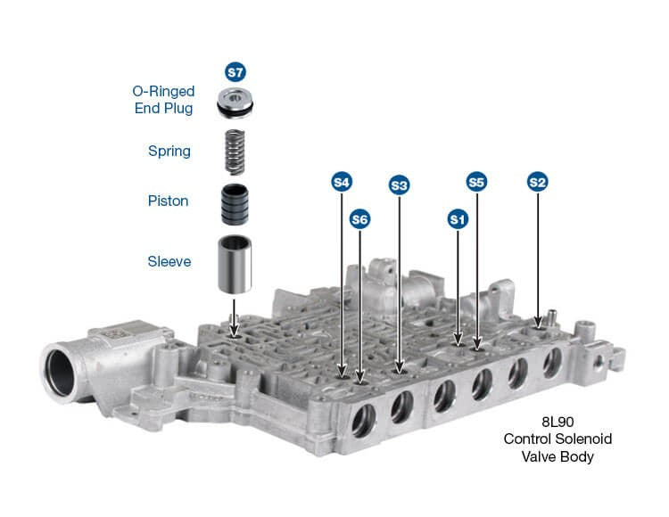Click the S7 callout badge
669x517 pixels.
click(x=235, y=72)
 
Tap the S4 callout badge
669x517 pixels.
click(x=342, y=183)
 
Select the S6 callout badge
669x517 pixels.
click(x=359, y=219)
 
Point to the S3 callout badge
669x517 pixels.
click(x=399, y=185)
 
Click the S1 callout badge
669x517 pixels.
click(x=458, y=219)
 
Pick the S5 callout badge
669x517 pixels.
click(x=476, y=183)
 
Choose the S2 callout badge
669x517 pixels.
click(x=538, y=183)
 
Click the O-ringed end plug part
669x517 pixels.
click(x=235, y=103)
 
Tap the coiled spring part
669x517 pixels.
click(x=235, y=152)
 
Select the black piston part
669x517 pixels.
click(x=235, y=205)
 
